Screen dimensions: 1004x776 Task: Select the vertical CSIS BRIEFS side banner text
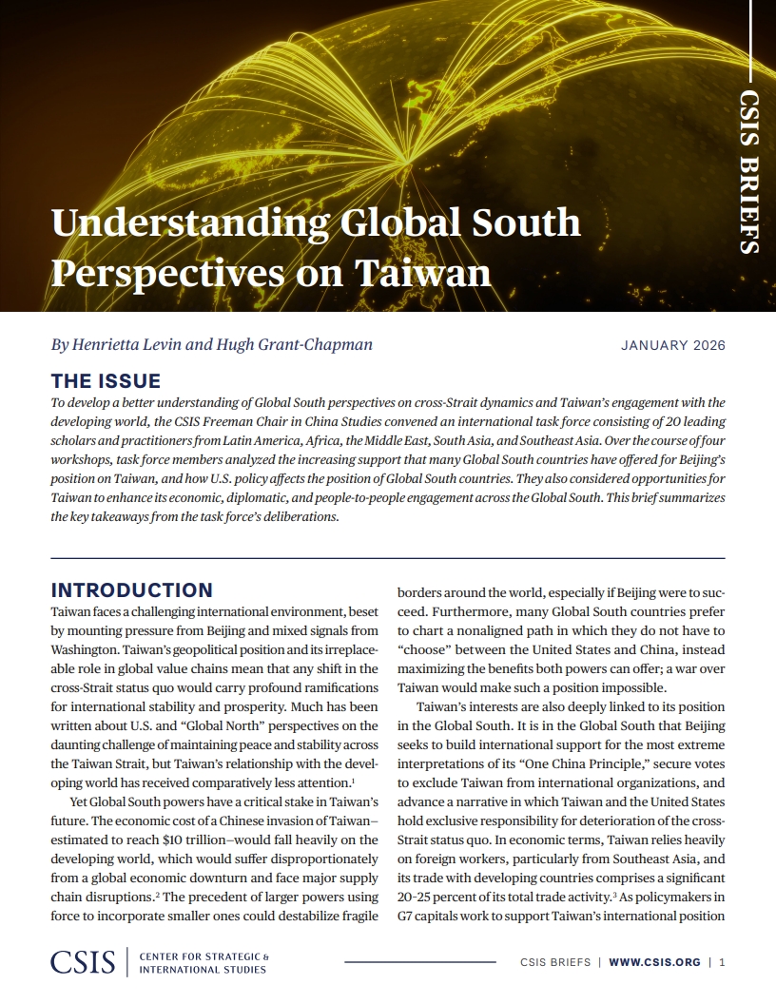pyautogui.click(x=749, y=171)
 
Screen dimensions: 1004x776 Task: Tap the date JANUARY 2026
pyautogui.click(x=672, y=345)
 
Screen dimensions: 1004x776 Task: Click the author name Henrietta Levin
pyautogui.click(x=128, y=344)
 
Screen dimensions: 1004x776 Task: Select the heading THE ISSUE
pyautogui.click(x=106, y=381)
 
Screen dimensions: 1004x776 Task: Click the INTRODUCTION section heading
pyautogui.click(x=131, y=589)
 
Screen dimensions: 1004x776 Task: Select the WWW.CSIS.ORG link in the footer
pyautogui.click(x=654, y=962)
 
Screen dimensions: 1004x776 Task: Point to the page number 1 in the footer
pyautogui.click(x=723, y=962)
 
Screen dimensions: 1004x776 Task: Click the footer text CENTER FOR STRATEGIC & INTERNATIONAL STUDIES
pyautogui.click(x=204, y=962)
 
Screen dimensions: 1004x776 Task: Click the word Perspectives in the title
pyautogui.click(x=163, y=273)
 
